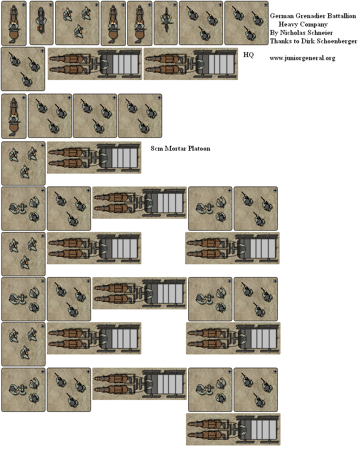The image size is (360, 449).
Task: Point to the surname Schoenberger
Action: pos(337,41)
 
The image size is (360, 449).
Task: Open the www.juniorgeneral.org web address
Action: pos(303,58)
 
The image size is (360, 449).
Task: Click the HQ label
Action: pos(248,55)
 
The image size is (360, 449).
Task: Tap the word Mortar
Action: pos(175,148)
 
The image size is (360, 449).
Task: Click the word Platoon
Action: pos(199,148)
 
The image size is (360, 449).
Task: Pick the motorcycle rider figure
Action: pos(41,21)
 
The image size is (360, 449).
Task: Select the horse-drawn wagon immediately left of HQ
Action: pos(190,64)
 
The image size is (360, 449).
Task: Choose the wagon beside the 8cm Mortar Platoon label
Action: pos(94,157)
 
